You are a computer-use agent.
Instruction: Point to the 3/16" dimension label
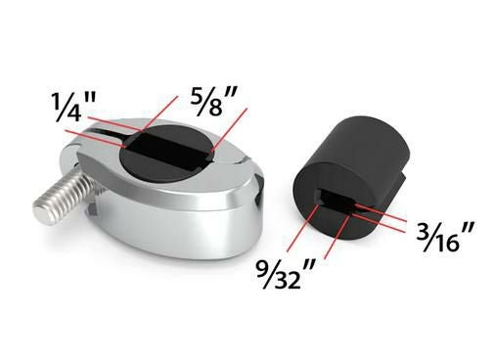(x=445, y=238)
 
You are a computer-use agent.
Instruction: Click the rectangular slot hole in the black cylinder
(x=336, y=200)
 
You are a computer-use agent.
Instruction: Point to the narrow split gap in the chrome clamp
(x=108, y=133)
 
